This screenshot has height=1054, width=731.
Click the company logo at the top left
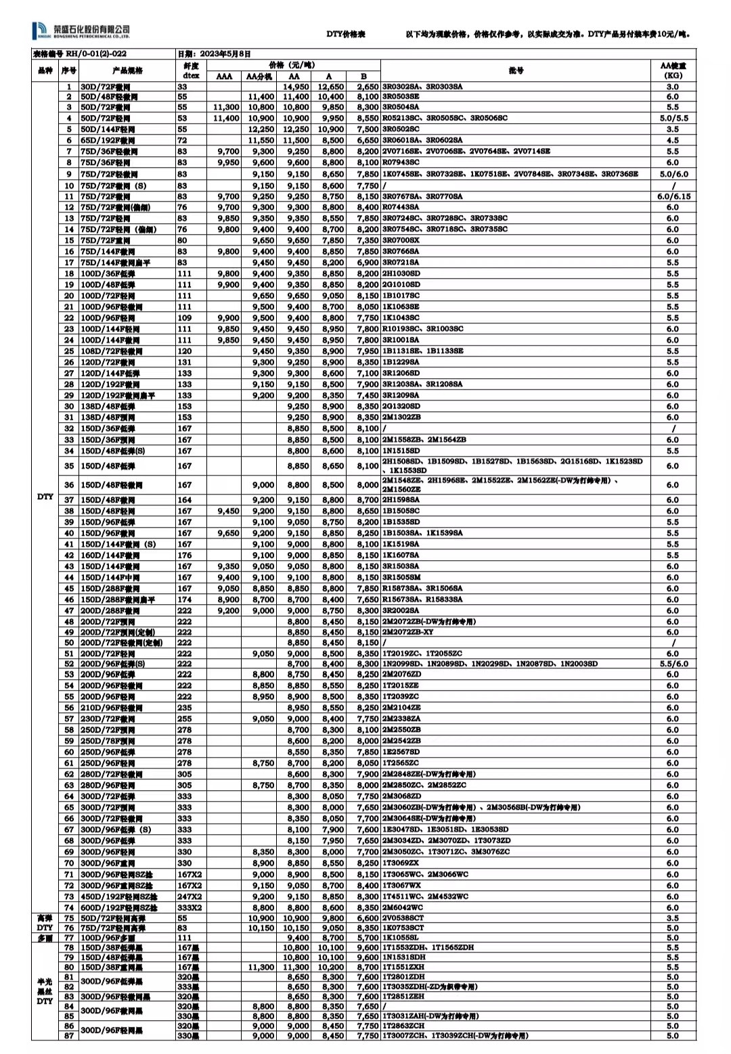(x=81, y=31)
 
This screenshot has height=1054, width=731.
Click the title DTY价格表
(x=346, y=34)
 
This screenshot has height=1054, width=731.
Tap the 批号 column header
(x=516, y=70)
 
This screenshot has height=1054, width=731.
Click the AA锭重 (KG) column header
(x=672, y=70)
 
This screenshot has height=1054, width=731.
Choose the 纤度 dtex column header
(x=191, y=70)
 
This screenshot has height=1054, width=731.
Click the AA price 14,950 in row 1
(x=296, y=87)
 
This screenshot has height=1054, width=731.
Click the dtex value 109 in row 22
(x=184, y=318)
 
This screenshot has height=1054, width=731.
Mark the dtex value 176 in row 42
(x=184, y=555)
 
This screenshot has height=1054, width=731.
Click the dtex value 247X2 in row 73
(x=190, y=896)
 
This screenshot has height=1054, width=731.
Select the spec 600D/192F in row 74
(x=118, y=908)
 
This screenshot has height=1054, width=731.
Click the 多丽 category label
(x=45, y=938)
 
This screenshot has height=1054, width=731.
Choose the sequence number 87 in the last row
(x=68, y=1036)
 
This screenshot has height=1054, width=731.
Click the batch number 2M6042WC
(x=403, y=908)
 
